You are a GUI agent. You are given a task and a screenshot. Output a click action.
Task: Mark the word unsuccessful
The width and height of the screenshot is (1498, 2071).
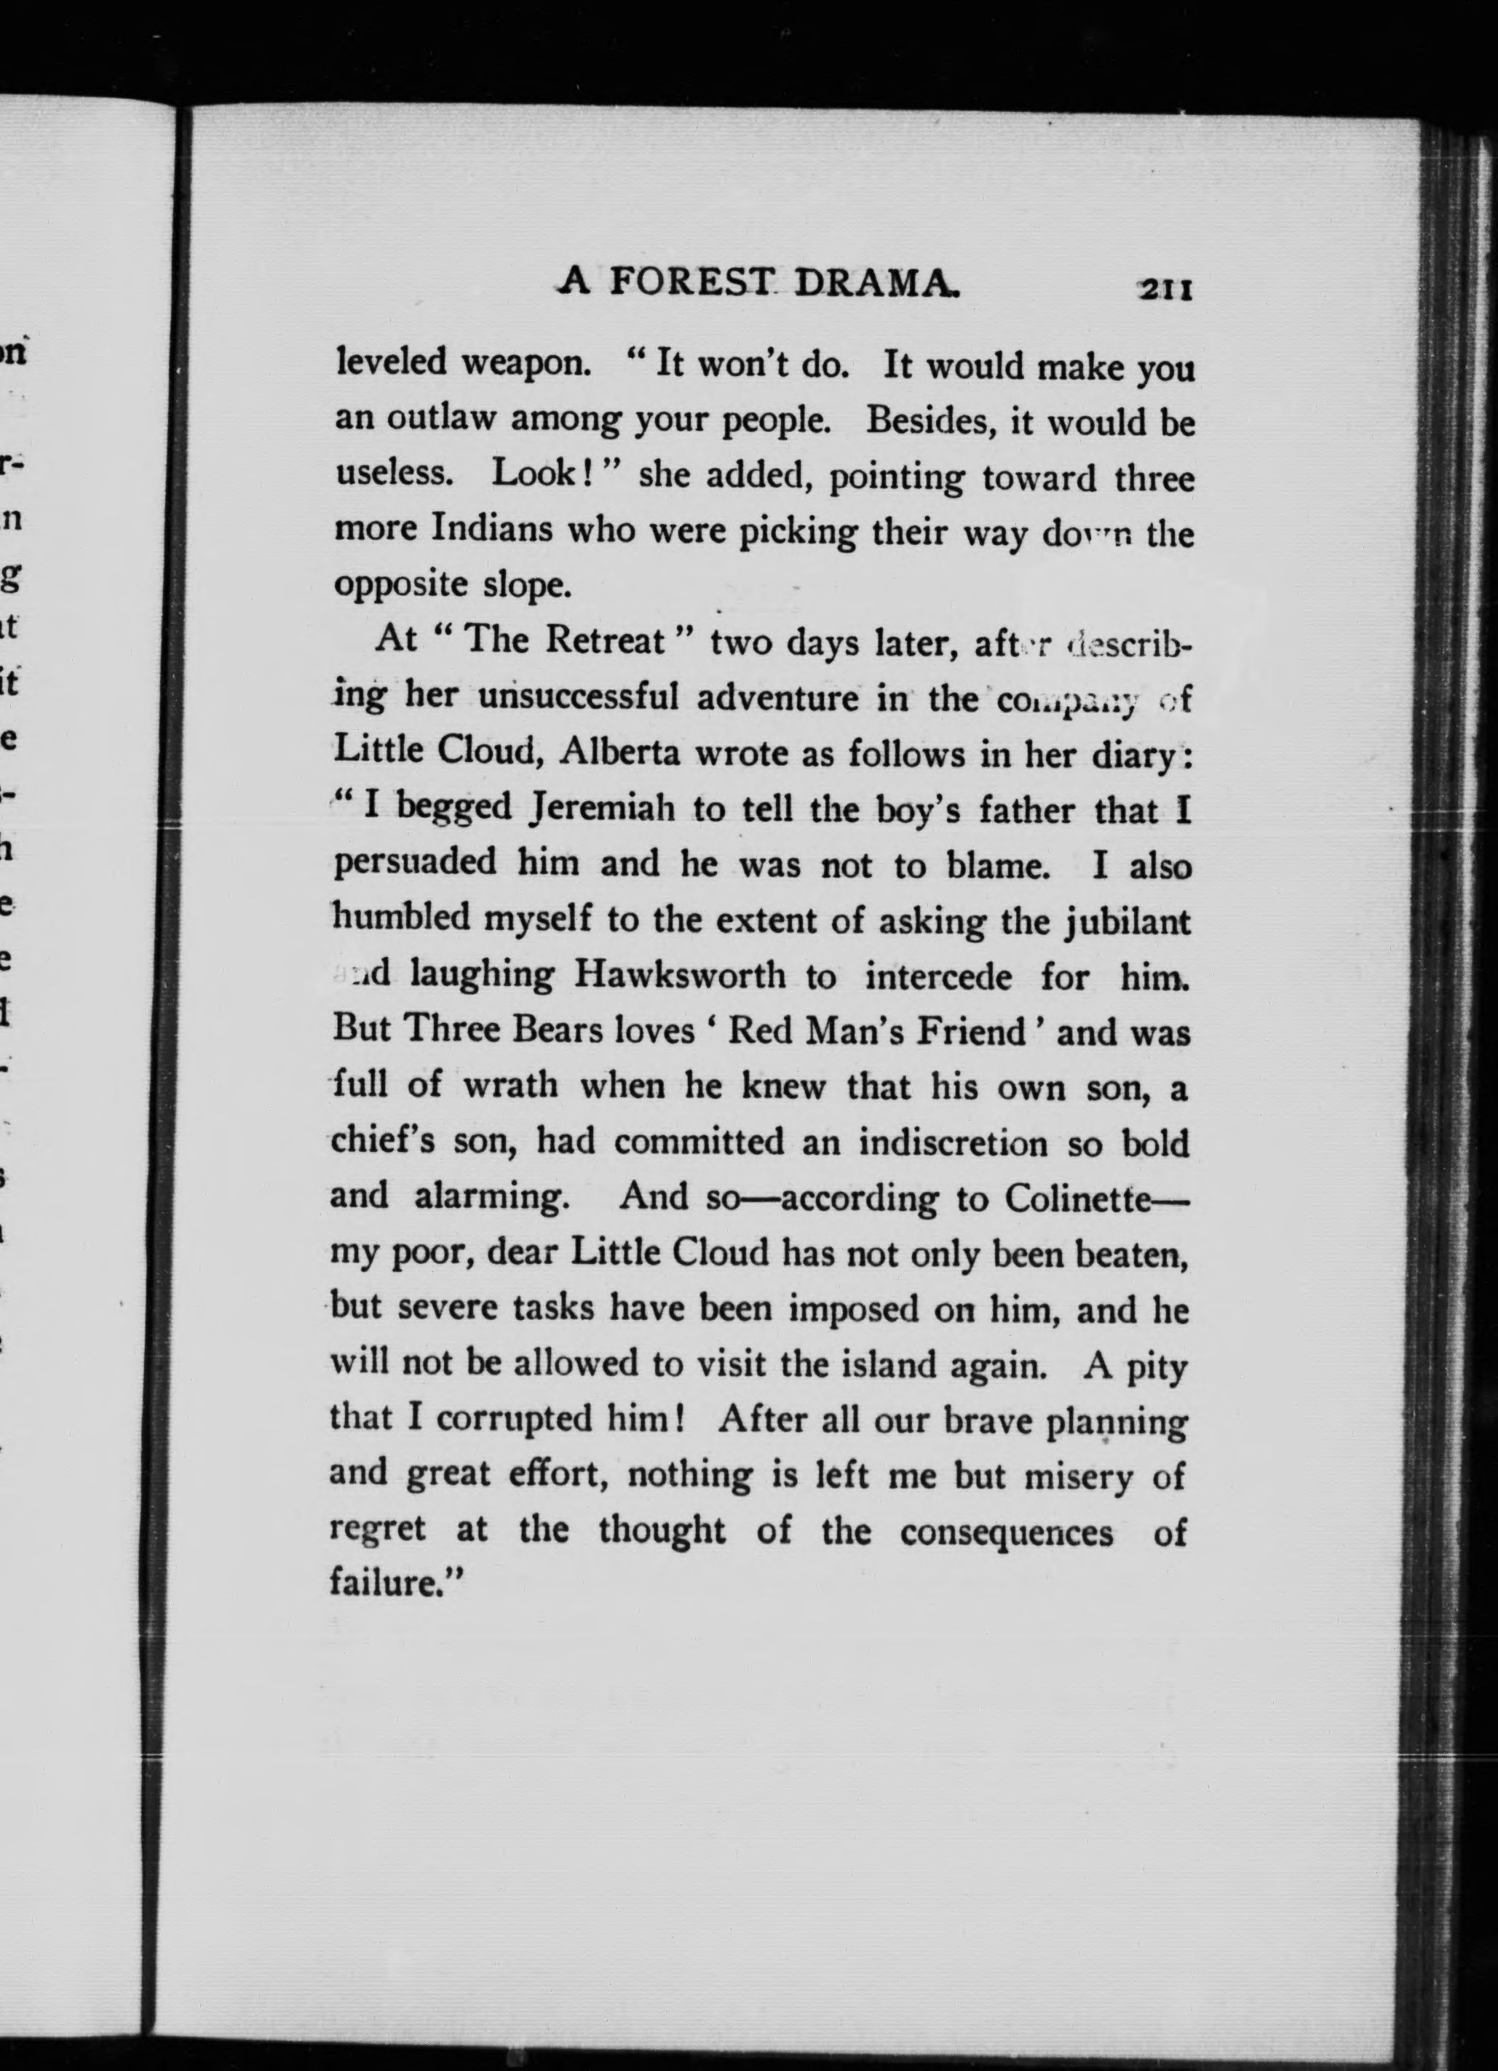[578, 698]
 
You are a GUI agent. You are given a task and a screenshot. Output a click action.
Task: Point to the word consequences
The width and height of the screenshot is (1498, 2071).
[1007, 1531]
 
